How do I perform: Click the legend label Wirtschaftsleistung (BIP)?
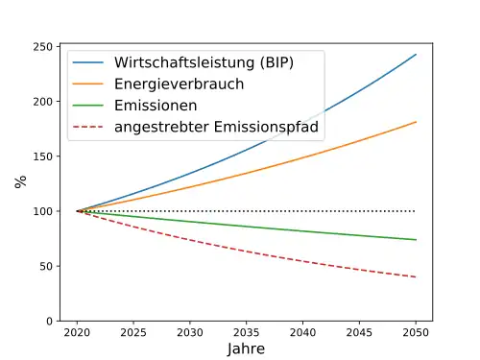204,62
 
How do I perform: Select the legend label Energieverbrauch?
179,84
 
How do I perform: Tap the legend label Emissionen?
156,106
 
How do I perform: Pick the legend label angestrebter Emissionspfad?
216,127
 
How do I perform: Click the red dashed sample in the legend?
88,127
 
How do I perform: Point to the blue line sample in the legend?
88,62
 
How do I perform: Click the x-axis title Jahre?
246,348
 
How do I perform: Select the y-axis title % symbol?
20,181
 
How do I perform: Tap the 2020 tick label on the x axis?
77,333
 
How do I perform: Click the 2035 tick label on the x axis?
246,333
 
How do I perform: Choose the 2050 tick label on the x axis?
416,333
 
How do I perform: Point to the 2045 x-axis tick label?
359,333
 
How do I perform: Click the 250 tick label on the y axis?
43,47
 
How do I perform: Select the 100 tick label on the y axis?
43,211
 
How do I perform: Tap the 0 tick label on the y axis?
49,321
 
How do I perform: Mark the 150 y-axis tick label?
43,156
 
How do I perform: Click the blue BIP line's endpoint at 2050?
416,55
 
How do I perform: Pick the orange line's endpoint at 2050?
416,122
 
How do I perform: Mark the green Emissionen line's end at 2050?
416,240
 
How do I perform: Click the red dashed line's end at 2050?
416,276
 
